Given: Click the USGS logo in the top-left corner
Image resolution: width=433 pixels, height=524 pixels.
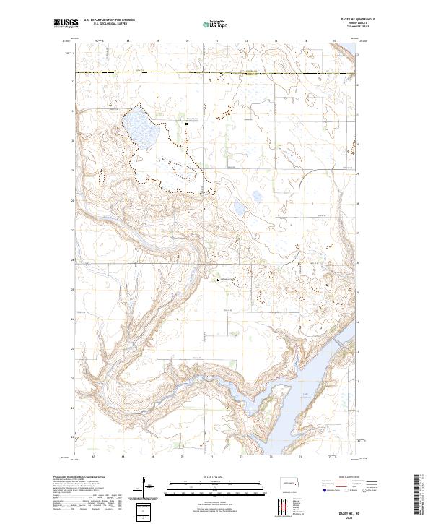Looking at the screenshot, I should click(x=66, y=23).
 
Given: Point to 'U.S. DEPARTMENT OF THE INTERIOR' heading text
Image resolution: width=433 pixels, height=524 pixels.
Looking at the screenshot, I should click(x=110, y=20).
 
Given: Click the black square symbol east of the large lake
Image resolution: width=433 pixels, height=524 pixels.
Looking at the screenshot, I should click(x=187, y=124).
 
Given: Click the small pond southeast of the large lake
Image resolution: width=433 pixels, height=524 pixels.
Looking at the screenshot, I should click(x=239, y=209).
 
